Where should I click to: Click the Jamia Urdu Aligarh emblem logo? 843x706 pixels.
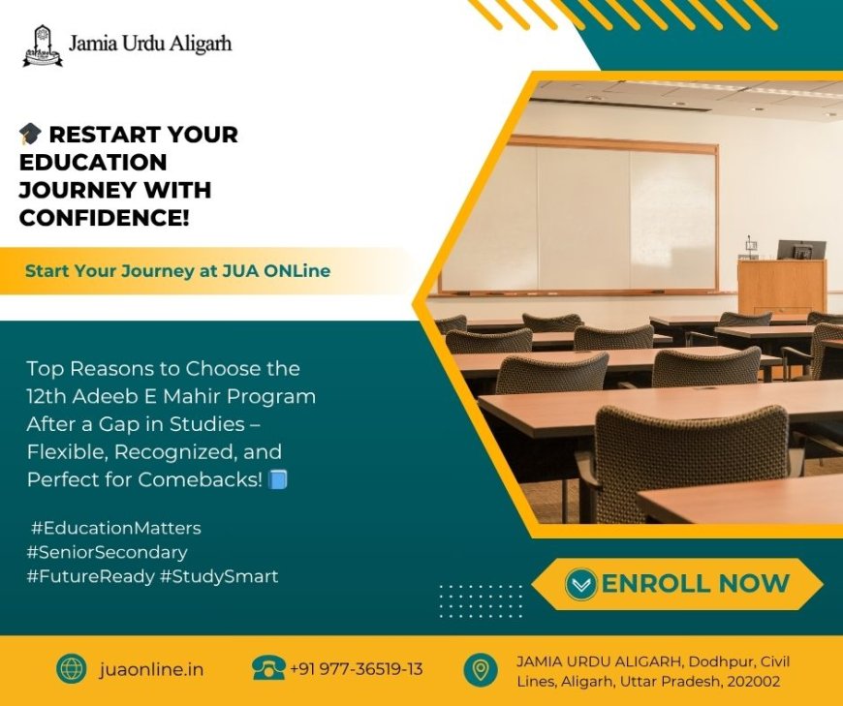[x=43, y=46]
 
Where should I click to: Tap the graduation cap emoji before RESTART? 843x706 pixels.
[x=30, y=135]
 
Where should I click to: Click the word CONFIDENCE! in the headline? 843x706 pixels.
[x=104, y=219]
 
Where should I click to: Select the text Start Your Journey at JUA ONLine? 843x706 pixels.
[x=177, y=271]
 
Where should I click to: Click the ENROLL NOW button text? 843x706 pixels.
[x=695, y=583]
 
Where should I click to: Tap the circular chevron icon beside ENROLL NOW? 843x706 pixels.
[x=580, y=584]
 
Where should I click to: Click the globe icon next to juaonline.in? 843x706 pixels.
[x=72, y=669]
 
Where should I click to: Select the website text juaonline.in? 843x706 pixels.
[x=151, y=669]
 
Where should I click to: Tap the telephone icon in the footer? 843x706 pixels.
[x=268, y=668]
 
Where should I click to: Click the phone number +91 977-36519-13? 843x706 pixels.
[x=356, y=669]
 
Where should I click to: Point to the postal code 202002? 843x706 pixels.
[x=752, y=681]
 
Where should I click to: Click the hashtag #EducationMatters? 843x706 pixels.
[x=115, y=528]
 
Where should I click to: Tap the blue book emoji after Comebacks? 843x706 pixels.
[x=279, y=479]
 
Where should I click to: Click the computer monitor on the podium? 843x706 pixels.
[x=801, y=250]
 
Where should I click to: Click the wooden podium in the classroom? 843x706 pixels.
[x=781, y=286]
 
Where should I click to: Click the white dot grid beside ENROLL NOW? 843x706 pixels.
[x=481, y=600]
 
